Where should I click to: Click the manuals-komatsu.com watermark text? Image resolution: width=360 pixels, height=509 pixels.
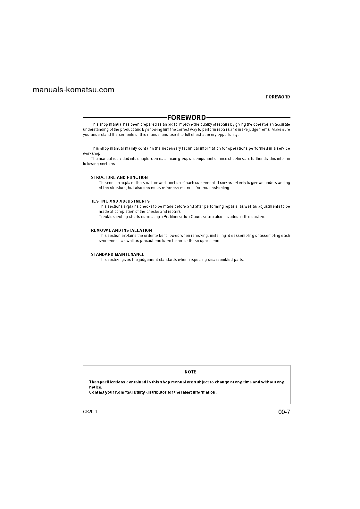click(73, 90)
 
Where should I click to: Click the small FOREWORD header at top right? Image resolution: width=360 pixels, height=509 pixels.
click(278, 97)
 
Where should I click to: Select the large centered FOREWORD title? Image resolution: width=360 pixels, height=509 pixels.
click(187, 118)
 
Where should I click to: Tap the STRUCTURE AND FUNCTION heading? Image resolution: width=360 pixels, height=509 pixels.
click(119, 177)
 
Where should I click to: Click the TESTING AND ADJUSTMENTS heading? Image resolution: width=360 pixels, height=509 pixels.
click(120, 201)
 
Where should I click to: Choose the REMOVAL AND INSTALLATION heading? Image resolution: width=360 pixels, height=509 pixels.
click(121, 230)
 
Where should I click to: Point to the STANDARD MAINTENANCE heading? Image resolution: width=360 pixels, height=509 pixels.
click(118, 254)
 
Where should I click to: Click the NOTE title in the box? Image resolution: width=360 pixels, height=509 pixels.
click(190, 372)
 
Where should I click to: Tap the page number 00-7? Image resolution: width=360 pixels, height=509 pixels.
click(284, 412)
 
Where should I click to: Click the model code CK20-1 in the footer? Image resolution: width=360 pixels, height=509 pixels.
click(90, 412)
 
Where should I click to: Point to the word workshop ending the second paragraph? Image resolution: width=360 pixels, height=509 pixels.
click(92, 154)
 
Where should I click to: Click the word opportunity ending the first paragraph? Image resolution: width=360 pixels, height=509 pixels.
click(228, 135)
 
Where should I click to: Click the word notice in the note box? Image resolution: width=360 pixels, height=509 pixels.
click(95, 387)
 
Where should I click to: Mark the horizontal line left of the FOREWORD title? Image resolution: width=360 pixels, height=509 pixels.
click(125, 118)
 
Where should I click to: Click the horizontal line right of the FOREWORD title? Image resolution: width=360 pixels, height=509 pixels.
click(248, 118)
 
